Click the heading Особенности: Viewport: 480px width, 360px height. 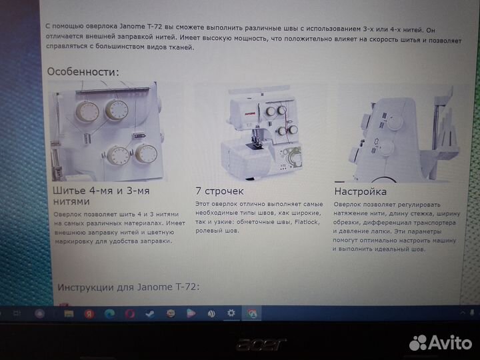click(83, 71)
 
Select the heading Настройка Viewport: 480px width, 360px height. click(360, 191)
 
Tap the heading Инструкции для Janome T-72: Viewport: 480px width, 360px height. click(128, 287)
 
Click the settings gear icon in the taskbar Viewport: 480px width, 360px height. click(231, 313)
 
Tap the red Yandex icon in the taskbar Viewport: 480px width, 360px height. click(88, 313)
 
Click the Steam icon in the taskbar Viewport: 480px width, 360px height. click(150, 313)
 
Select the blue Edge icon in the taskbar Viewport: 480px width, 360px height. click(109, 313)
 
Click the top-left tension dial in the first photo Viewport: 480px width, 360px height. click(87, 111)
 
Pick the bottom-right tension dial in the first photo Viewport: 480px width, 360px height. click(145, 155)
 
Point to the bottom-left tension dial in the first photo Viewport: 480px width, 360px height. click(118, 156)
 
